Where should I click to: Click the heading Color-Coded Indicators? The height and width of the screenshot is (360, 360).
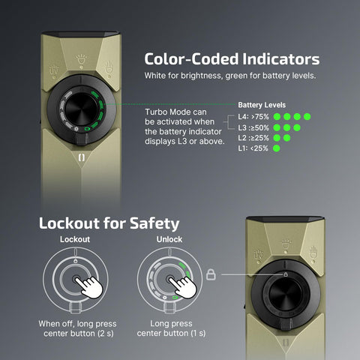coord(232,59)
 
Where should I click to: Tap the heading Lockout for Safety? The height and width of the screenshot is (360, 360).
coord(109,223)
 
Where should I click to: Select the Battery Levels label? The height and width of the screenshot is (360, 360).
coord(262,105)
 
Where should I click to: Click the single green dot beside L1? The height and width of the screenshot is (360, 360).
coord(277,148)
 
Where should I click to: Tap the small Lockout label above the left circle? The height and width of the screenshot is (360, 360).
coord(74,239)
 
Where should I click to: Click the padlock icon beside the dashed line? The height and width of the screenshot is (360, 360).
coord(211,274)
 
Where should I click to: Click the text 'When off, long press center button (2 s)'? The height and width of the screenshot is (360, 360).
coord(74,328)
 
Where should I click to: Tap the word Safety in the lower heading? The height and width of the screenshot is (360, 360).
coord(154,223)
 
